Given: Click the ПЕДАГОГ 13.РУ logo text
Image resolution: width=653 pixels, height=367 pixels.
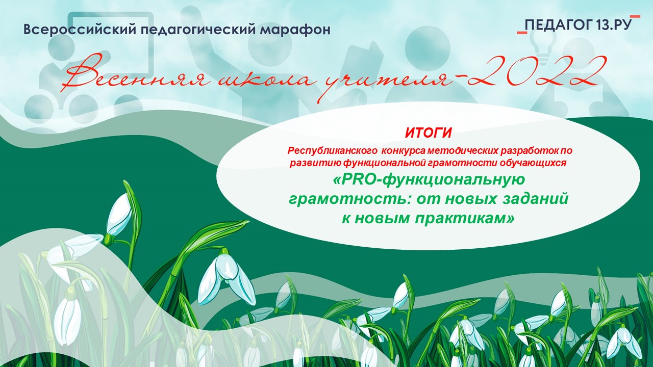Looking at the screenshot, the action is (579, 25).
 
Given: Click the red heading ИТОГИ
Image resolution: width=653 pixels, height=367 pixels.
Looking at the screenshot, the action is (428, 134).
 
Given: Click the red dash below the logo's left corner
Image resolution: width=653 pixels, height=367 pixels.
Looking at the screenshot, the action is (522, 33).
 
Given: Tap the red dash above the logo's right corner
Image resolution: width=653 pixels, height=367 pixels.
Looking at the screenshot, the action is (635, 16).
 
